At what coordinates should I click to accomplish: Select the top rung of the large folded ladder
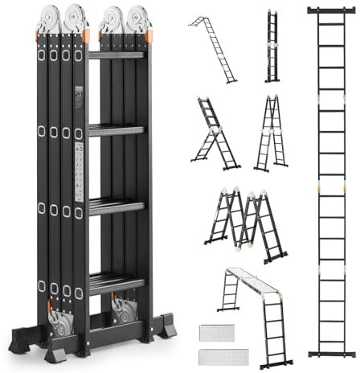[116, 55]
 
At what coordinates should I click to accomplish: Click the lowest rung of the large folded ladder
[116, 281]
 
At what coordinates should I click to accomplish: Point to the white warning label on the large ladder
[79, 173]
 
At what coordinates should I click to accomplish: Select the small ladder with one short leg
[213, 134]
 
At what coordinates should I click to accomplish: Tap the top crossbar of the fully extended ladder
[330, 10]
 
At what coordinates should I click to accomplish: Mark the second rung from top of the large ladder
[116, 129]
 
